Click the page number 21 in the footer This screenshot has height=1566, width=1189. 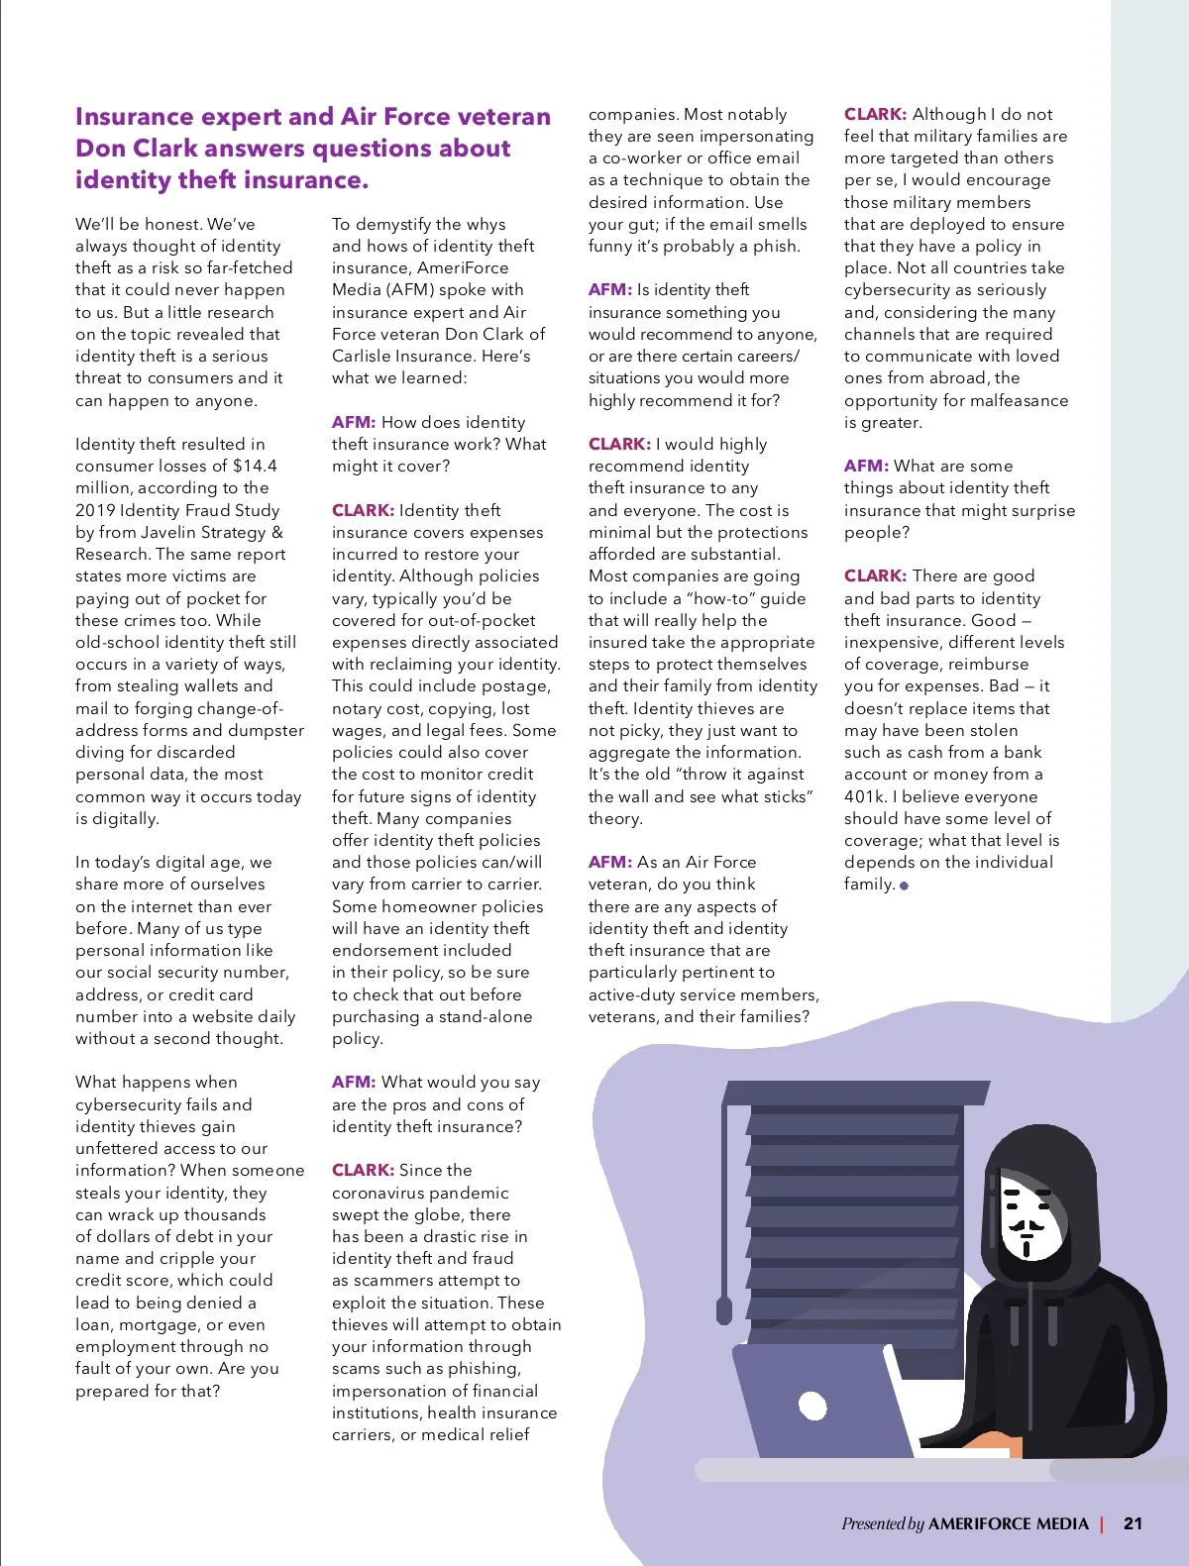[1133, 1523]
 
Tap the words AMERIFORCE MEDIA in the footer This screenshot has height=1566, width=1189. [1008, 1523]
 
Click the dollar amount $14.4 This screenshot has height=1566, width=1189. [255, 466]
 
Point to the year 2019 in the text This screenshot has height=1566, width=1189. [95, 510]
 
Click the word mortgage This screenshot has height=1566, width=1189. [155, 1324]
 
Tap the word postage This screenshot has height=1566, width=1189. [515, 685]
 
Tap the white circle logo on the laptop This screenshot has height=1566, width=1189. [812, 1406]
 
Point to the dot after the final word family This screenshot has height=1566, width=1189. [904, 886]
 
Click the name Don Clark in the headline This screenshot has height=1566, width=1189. [130, 149]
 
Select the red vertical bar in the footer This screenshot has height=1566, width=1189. [1102, 1523]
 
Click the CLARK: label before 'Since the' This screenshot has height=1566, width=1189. [363, 1170]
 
